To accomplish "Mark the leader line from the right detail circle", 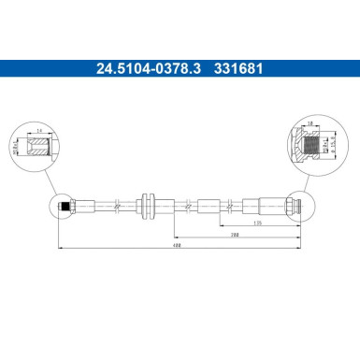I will pos(305,177).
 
